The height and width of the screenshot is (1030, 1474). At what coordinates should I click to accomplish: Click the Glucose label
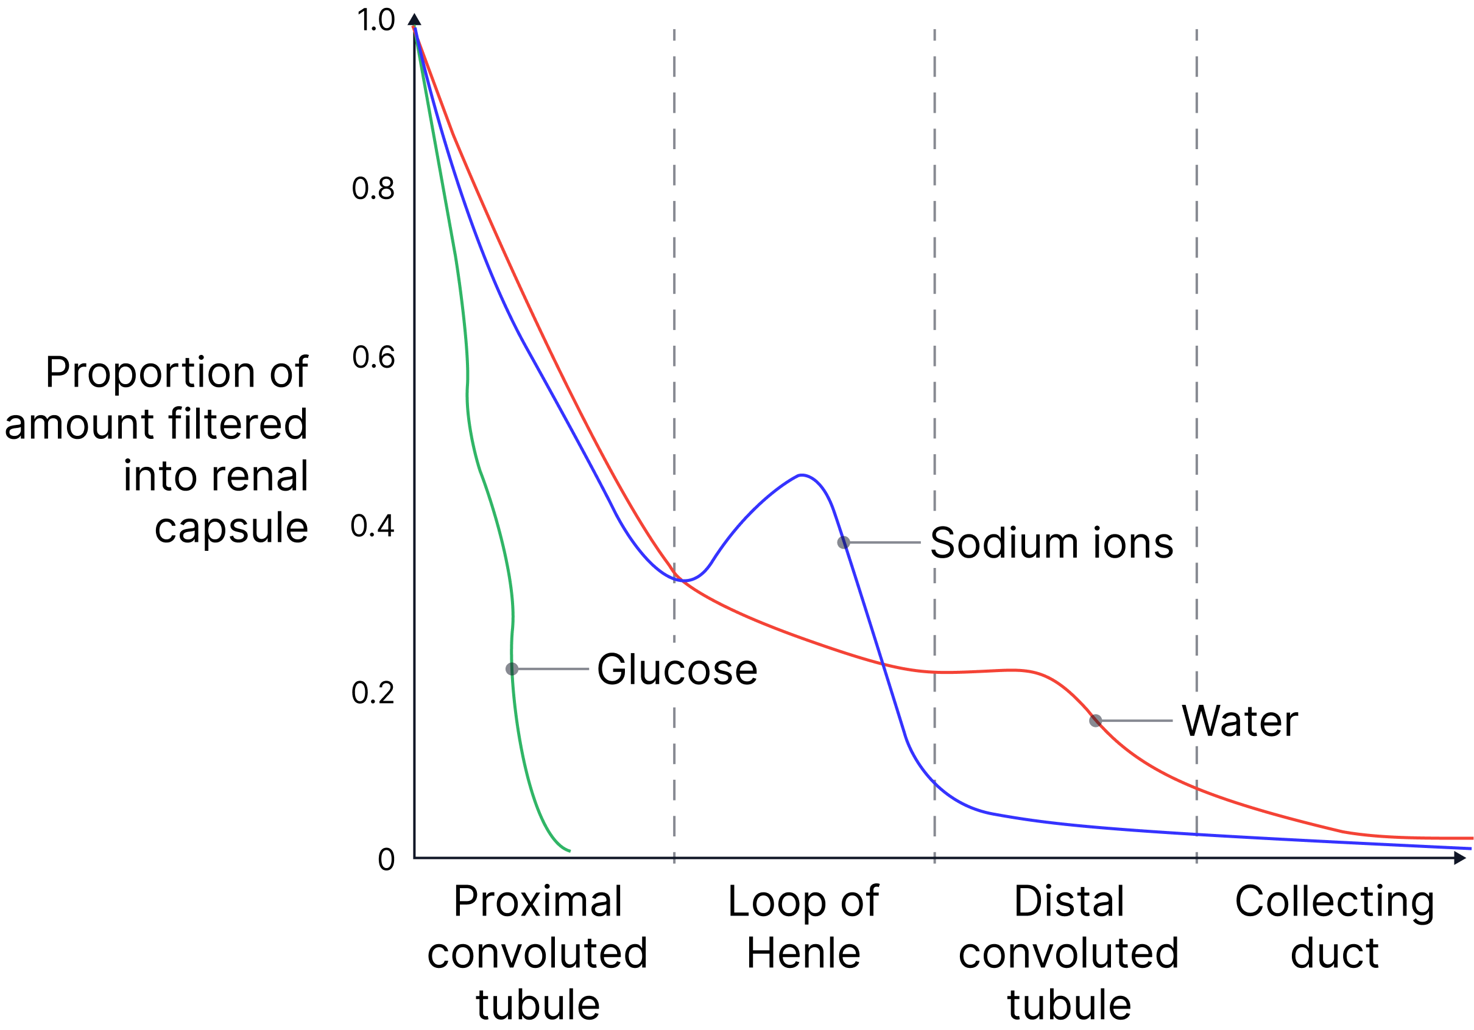[677, 668]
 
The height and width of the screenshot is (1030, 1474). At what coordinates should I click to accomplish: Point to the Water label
[1239, 721]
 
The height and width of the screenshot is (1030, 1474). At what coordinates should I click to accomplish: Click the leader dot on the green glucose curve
[512, 668]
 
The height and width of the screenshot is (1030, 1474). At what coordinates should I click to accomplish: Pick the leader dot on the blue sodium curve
[844, 543]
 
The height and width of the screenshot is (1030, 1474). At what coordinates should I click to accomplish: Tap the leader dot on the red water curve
[1096, 721]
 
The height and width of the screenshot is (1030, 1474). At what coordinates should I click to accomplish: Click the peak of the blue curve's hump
[801, 475]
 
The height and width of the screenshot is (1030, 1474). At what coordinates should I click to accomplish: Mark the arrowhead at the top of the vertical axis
[415, 19]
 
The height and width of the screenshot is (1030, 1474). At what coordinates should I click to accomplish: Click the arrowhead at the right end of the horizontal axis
[1460, 857]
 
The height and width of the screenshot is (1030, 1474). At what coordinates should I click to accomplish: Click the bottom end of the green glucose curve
[569, 851]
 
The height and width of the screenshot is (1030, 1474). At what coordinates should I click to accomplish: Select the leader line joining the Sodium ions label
[884, 543]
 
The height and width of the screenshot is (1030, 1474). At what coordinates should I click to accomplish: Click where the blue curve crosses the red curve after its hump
[883, 664]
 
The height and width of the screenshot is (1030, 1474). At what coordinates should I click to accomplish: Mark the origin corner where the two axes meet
[415, 857]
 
